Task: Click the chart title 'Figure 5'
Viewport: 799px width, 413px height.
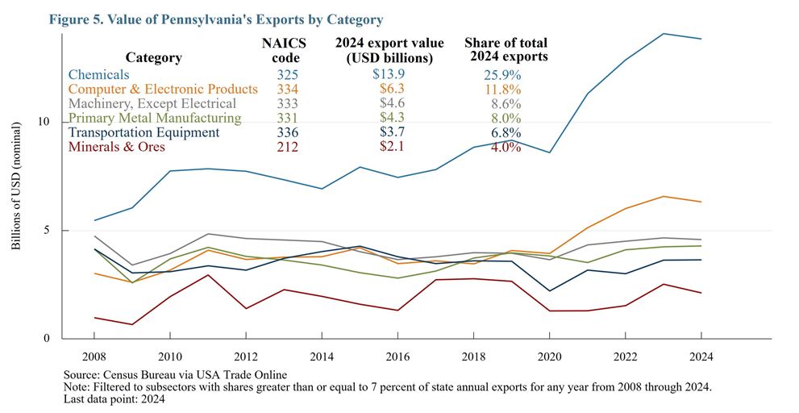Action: pyautogui.click(x=216, y=19)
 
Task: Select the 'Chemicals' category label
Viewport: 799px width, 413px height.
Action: pyautogui.click(x=98, y=74)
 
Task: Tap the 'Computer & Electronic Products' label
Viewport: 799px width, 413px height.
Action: pyautogui.click(x=164, y=89)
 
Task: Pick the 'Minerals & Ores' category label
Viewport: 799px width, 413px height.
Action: pyautogui.click(x=117, y=147)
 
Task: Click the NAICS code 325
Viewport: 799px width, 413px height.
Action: pyautogui.click(x=280, y=74)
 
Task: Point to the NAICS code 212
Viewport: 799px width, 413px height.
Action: pyautogui.click(x=280, y=147)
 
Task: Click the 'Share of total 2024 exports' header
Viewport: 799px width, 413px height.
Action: pyautogui.click(x=506, y=50)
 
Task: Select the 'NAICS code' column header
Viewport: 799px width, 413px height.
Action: pyautogui.click(x=281, y=50)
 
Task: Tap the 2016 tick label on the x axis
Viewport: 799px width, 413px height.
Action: pyautogui.click(x=397, y=356)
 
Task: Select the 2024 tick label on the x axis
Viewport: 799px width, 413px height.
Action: pyautogui.click(x=701, y=356)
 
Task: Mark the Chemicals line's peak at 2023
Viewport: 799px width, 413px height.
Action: pyautogui.click(x=664, y=34)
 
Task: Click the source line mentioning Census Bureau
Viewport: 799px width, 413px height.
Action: pyautogui.click(x=175, y=375)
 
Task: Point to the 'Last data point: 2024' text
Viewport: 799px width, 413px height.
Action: pyautogui.click(x=115, y=399)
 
